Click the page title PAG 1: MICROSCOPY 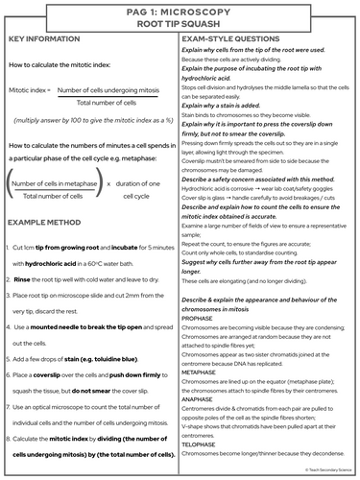point(180,11)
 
